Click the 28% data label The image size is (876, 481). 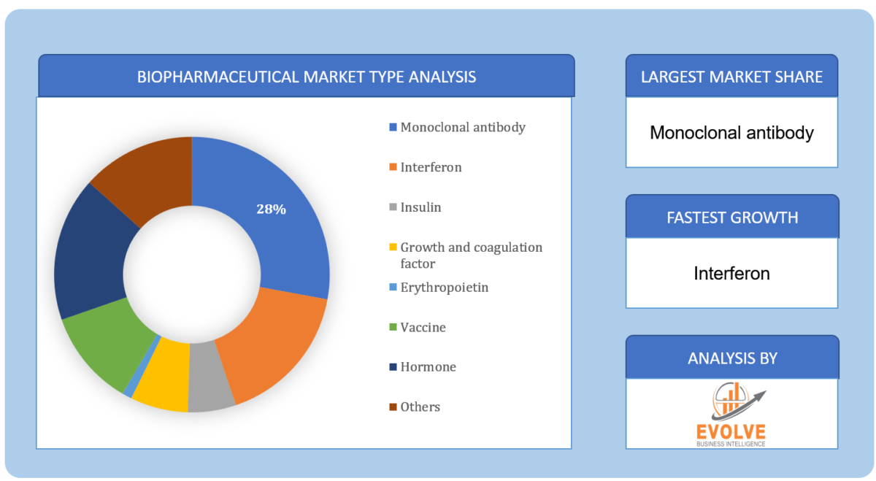(x=271, y=209)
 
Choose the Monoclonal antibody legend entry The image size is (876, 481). (x=462, y=127)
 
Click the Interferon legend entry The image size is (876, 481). (x=431, y=167)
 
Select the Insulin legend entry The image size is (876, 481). (x=420, y=207)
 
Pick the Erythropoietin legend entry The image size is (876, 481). (x=444, y=288)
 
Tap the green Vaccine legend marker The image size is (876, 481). (x=393, y=328)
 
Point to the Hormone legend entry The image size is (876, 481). (x=428, y=367)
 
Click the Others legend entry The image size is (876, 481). (x=420, y=407)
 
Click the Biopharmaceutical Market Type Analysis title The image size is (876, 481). (x=307, y=77)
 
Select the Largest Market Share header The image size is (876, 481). (x=731, y=77)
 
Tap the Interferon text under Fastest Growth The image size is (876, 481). (x=731, y=274)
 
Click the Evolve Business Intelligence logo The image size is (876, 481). (x=731, y=414)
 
